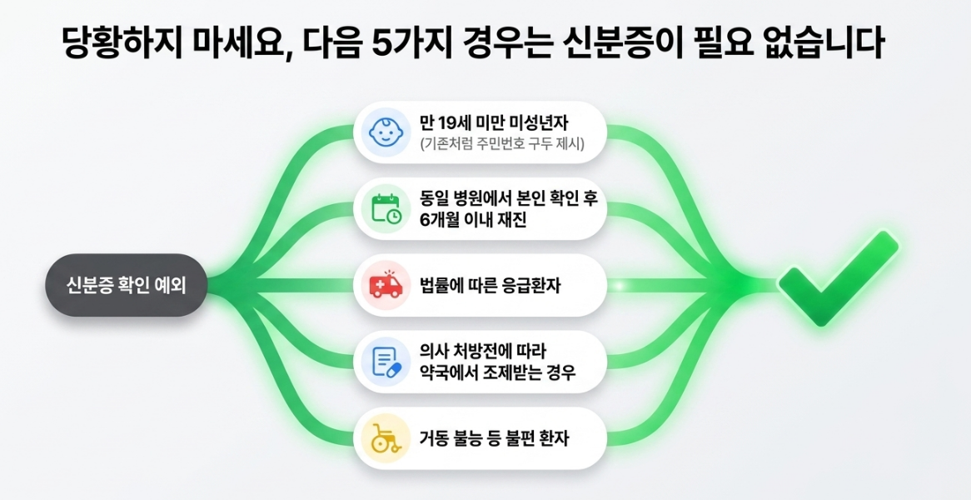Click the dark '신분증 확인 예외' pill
pyautogui.click(x=126, y=285)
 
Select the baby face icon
pyautogui.click(x=386, y=132)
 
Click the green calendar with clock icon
pyautogui.click(x=386, y=209)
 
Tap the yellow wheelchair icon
pyautogui.click(x=386, y=438)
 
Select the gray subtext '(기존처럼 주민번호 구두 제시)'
pyautogui.click(x=502, y=146)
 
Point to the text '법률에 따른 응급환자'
pyautogui.click(x=481, y=287)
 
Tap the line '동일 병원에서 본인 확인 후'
pyautogui.click(x=511, y=197)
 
